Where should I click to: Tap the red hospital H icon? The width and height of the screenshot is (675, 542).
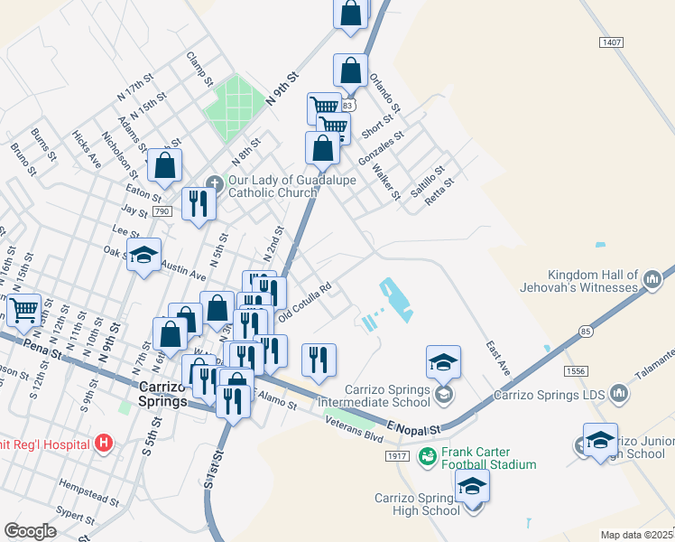click(x=105, y=444)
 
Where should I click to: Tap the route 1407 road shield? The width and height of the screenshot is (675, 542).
click(x=612, y=42)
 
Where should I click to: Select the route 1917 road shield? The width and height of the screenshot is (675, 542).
click(x=398, y=457)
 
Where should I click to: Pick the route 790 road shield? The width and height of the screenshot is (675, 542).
click(x=162, y=211)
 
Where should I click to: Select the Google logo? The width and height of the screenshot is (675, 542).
click(x=30, y=531)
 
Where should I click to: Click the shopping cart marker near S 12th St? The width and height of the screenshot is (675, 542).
click(x=23, y=311)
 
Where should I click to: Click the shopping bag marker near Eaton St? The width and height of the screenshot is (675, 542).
click(x=165, y=165)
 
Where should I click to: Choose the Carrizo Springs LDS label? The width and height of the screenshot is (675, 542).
click(x=549, y=394)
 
